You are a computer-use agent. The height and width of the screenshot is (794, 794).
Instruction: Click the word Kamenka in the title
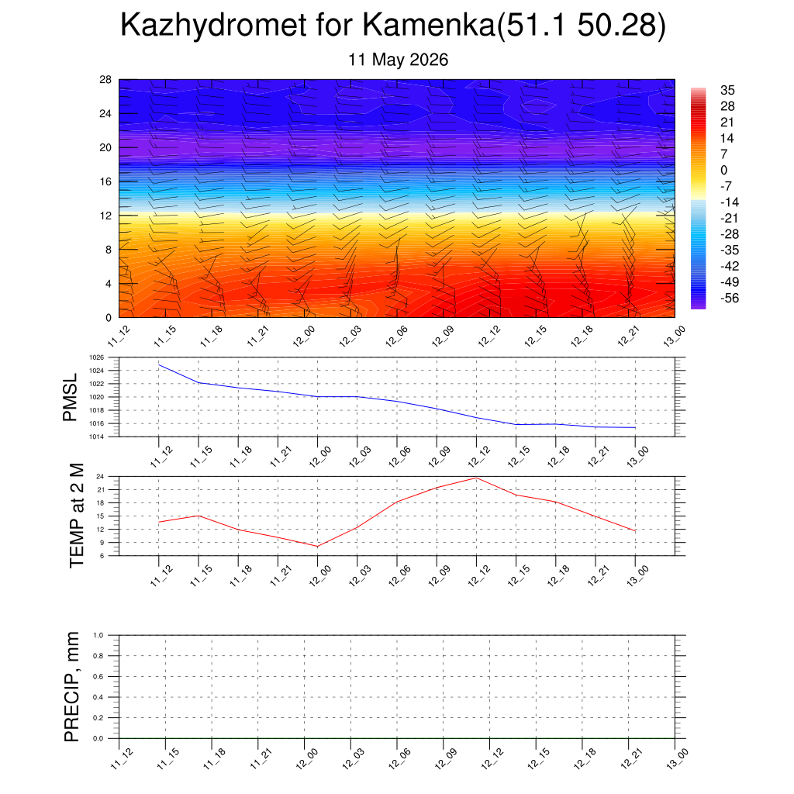click(429, 25)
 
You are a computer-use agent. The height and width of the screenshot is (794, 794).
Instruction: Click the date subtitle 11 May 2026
click(398, 60)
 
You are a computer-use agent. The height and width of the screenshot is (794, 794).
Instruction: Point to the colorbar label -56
click(730, 299)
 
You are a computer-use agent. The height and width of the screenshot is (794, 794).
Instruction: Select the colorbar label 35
click(727, 90)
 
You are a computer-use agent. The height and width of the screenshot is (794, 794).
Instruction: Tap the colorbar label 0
click(723, 170)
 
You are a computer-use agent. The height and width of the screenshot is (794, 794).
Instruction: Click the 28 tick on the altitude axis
click(105, 80)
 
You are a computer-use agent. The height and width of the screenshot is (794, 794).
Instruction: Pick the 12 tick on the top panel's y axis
click(105, 216)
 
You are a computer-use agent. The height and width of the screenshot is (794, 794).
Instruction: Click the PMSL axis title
click(70, 398)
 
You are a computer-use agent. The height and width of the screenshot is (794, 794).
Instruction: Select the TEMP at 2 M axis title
click(77, 516)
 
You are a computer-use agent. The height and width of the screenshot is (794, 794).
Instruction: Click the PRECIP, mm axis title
click(72, 687)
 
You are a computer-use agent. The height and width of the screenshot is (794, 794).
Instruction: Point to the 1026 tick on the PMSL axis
click(97, 357)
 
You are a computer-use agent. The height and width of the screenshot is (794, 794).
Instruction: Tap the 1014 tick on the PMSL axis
click(97, 437)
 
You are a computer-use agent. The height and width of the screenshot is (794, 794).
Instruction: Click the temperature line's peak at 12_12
click(476, 478)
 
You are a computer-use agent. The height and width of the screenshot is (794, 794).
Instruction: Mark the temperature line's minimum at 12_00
click(317, 547)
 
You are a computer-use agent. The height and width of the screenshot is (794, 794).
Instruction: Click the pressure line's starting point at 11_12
click(159, 364)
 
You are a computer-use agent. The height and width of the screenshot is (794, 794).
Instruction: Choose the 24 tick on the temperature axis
click(100, 477)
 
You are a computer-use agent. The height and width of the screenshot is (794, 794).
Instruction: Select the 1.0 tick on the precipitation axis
click(98, 635)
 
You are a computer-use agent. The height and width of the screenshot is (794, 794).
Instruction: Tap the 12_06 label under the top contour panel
click(396, 337)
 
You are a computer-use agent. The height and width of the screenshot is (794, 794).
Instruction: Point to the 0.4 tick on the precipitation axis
click(98, 697)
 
